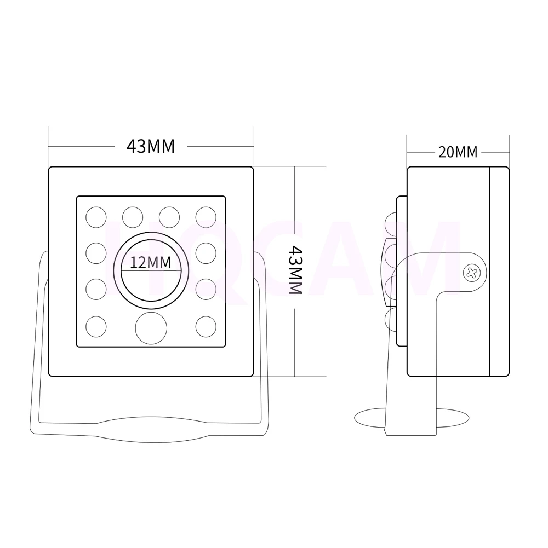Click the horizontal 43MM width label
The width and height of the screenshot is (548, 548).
click(151, 146)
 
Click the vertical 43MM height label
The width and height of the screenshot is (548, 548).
click(295, 270)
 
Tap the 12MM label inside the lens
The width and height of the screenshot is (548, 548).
click(151, 263)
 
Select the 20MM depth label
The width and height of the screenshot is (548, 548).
click(458, 152)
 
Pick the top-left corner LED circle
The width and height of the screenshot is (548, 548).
click(96, 216)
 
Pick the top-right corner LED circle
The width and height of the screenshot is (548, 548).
click(206, 216)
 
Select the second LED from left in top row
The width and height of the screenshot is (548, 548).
click(133, 216)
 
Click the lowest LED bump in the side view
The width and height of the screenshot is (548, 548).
click(391, 319)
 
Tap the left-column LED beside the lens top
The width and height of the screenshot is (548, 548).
click(96, 252)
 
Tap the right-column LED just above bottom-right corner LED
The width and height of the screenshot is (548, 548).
click(206, 289)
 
